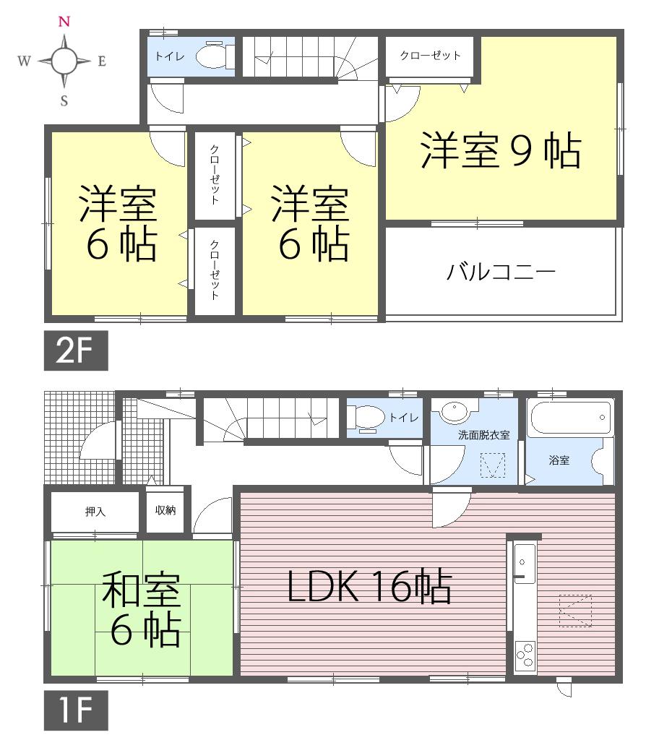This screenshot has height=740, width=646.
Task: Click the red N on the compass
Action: [x=64, y=22]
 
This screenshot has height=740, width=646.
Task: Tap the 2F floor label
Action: [x=76, y=350]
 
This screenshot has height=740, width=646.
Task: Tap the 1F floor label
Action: [x=76, y=710]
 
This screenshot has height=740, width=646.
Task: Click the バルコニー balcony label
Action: [x=501, y=272]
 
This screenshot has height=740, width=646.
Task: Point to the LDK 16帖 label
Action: [x=369, y=588]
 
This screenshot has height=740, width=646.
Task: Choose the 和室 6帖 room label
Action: [x=141, y=609]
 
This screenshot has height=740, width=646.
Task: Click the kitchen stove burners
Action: [x=525, y=655]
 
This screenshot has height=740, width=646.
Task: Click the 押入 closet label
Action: [x=95, y=512]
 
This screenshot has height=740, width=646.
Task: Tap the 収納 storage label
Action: [x=165, y=509]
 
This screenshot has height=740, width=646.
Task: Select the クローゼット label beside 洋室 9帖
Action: [x=430, y=56]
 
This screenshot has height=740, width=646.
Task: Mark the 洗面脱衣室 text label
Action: [x=483, y=435]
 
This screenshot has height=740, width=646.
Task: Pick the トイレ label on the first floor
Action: [x=400, y=417]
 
